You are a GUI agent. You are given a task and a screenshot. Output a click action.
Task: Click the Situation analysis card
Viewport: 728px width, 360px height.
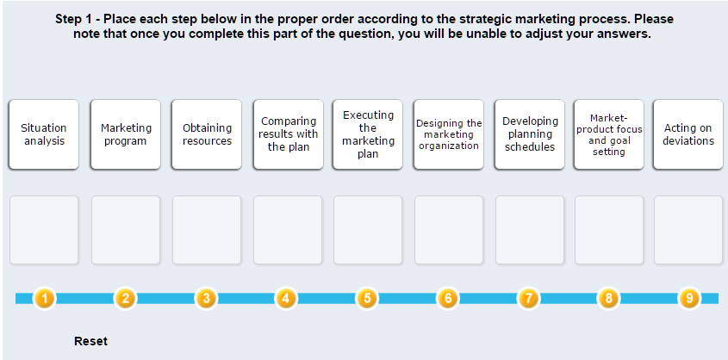tap(44, 134)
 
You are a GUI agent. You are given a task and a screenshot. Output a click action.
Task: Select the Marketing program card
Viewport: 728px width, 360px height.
tap(126, 134)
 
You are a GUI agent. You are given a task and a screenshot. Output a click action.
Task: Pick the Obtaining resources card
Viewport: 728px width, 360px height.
tap(207, 134)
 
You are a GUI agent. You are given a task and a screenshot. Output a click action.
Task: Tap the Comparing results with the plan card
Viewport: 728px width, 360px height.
tap(289, 134)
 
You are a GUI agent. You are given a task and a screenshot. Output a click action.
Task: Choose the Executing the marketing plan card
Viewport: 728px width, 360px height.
tap(368, 134)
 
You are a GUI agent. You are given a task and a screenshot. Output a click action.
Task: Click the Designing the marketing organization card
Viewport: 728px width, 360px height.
tap(449, 134)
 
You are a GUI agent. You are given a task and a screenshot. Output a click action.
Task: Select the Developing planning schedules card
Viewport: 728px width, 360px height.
tap(530, 134)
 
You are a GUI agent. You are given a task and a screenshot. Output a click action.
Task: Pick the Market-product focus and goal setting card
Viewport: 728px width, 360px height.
tap(609, 134)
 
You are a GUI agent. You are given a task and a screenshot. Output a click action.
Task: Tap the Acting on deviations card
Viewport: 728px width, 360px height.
tap(688, 134)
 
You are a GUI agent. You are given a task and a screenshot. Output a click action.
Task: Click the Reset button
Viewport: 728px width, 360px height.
tap(91, 341)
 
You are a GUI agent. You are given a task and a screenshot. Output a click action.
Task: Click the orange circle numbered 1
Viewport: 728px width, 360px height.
tap(45, 298)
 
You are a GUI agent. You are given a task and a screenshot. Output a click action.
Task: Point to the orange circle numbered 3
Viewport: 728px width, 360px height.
tap(206, 298)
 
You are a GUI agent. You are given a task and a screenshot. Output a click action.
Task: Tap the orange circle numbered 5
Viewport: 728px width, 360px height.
tap(367, 298)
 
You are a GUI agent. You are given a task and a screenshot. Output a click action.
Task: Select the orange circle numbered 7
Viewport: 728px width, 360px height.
tap(528, 298)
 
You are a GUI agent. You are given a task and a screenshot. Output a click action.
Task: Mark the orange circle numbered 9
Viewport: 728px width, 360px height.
tap(689, 298)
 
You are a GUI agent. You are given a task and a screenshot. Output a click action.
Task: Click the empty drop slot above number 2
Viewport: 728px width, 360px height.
tap(126, 230)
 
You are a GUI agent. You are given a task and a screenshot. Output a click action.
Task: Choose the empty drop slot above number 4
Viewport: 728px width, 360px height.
tap(288, 230)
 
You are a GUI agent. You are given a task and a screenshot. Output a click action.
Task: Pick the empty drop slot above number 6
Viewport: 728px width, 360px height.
tap(449, 230)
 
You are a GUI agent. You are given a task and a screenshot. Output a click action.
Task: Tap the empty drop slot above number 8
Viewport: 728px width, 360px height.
tap(609, 230)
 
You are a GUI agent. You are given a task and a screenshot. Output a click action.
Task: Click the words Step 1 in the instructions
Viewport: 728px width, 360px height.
tap(73, 20)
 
